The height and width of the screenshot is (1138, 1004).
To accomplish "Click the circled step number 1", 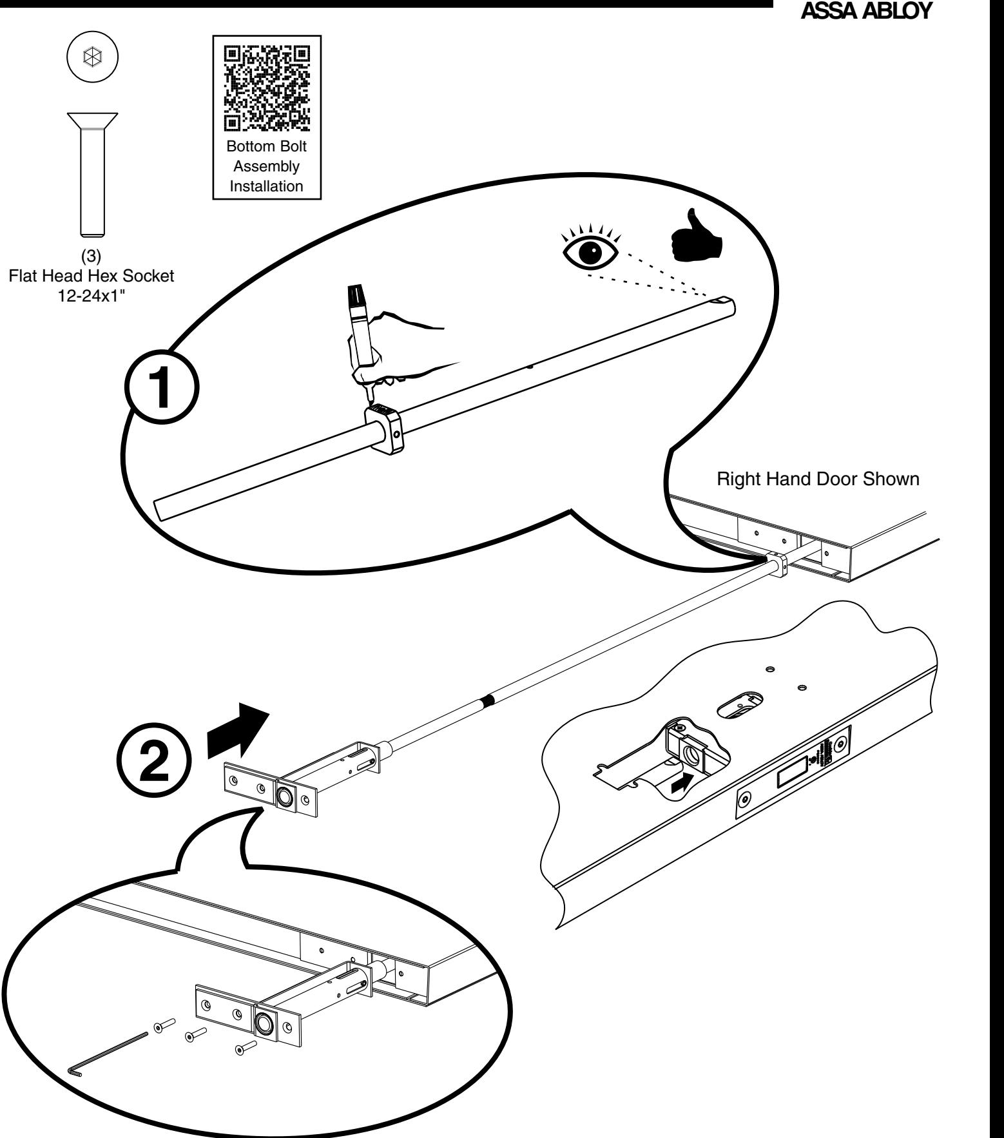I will tap(162, 389).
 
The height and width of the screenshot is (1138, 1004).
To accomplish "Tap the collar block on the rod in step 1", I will tap(384, 430).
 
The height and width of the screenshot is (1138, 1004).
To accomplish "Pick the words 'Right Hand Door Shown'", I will tap(818, 480).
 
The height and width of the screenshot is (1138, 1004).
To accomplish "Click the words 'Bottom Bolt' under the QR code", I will tap(266, 146).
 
